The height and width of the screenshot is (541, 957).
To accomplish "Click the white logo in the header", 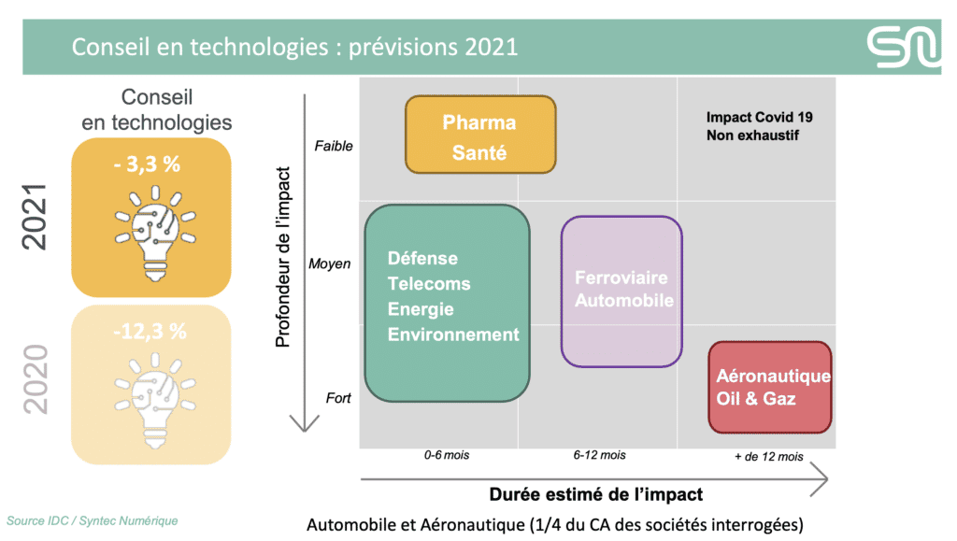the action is (x=904, y=47).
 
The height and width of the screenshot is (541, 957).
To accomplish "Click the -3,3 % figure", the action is (x=147, y=164).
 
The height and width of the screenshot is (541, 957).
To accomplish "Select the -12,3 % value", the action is (x=150, y=331).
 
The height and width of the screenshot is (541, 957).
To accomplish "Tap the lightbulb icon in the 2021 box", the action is (x=155, y=233).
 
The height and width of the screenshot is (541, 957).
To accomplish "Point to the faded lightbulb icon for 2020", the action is (x=155, y=401).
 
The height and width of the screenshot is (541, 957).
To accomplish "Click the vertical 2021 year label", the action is (x=35, y=217).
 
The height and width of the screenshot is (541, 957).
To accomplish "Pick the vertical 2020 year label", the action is (x=35, y=379).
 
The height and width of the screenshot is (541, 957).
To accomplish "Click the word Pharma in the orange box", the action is (x=479, y=122).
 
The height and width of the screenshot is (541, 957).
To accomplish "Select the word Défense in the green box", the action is (x=422, y=258).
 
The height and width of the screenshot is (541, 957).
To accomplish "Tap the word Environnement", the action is (x=453, y=335).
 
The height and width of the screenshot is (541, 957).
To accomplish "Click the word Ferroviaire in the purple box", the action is (x=621, y=278).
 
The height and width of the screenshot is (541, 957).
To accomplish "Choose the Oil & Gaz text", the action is (x=755, y=398).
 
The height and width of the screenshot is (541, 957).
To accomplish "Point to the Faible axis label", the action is (x=334, y=146).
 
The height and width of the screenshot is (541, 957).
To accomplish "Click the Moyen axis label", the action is (x=330, y=263).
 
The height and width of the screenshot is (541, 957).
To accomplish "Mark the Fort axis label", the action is (x=338, y=398).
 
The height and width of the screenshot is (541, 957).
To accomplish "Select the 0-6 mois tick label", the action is (x=447, y=455).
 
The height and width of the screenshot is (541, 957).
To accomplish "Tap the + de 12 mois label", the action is (x=769, y=456).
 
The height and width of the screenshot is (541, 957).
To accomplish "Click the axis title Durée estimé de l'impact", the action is (x=595, y=494).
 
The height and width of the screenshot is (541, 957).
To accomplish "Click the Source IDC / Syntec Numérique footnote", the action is (x=93, y=520).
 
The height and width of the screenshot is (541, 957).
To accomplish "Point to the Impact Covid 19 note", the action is (x=759, y=117).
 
